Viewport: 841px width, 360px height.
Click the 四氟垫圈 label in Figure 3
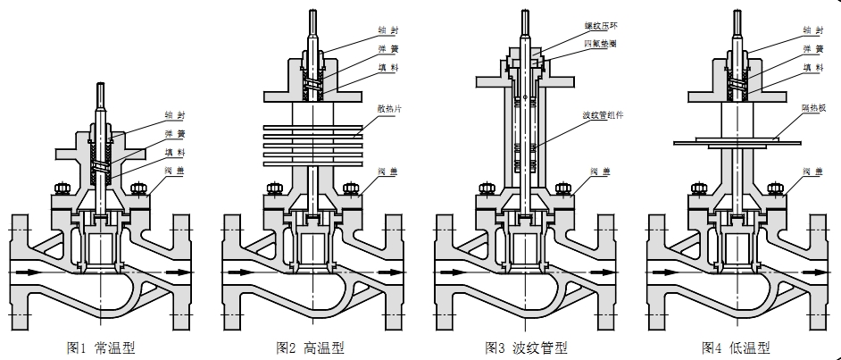coord(600,42)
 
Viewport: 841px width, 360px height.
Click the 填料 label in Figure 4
coord(812,67)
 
